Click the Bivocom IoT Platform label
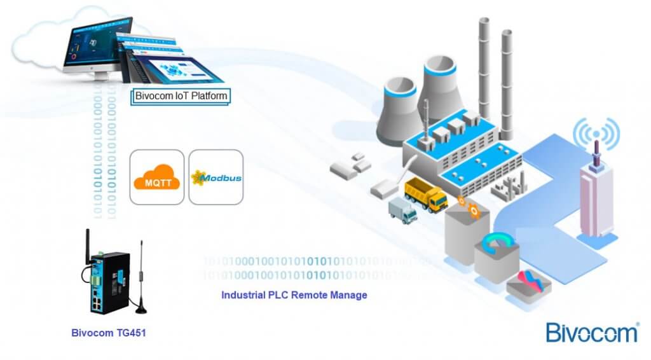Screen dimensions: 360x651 coord(181,96)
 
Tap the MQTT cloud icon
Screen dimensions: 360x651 coord(156,177)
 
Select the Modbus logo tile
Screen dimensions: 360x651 coord(216,177)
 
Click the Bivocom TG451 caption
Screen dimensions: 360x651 coord(109,332)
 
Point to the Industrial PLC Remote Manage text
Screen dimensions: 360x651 coord(294,295)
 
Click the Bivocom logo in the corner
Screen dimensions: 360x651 coord(591,333)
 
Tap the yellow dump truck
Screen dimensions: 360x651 coord(425,194)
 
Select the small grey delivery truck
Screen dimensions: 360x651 coord(402,210)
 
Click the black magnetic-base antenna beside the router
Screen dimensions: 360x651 coord(140,280)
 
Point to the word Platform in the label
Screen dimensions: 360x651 coord(208,96)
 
